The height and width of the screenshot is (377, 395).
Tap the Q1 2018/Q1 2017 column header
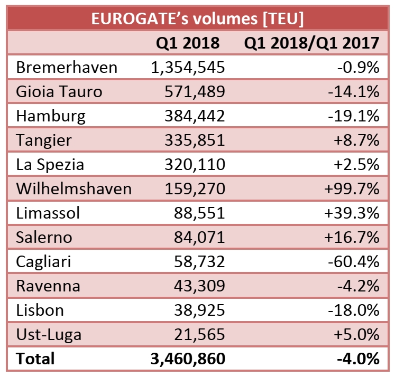click(x=311, y=43)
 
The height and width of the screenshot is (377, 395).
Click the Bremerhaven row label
click(x=67, y=68)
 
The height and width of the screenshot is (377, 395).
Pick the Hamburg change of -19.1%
click(x=354, y=116)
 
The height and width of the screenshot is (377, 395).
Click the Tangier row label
click(x=44, y=140)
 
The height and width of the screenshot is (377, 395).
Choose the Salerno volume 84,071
click(x=199, y=237)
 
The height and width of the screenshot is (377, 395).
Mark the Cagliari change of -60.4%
click(x=354, y=261)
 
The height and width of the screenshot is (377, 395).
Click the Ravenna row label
click(x=48, y=286)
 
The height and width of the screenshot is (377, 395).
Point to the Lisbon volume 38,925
click(x=199, y=310)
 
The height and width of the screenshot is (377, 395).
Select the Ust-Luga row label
click(x=49, y=334)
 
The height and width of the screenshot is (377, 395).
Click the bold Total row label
click(x=35, y=359)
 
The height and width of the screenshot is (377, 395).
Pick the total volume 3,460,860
click(x=188, y=359)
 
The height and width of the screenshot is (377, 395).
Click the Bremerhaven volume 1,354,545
click(x=188, y=68)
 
